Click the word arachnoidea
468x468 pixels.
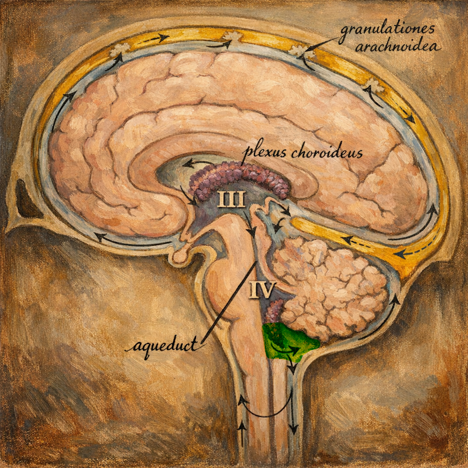point(398,47)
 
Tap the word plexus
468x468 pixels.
point(266,152)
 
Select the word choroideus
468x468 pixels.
point(326,153)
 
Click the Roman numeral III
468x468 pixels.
point(231,199)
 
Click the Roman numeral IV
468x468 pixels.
point(262,290)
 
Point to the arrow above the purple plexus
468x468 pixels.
point(195,163)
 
